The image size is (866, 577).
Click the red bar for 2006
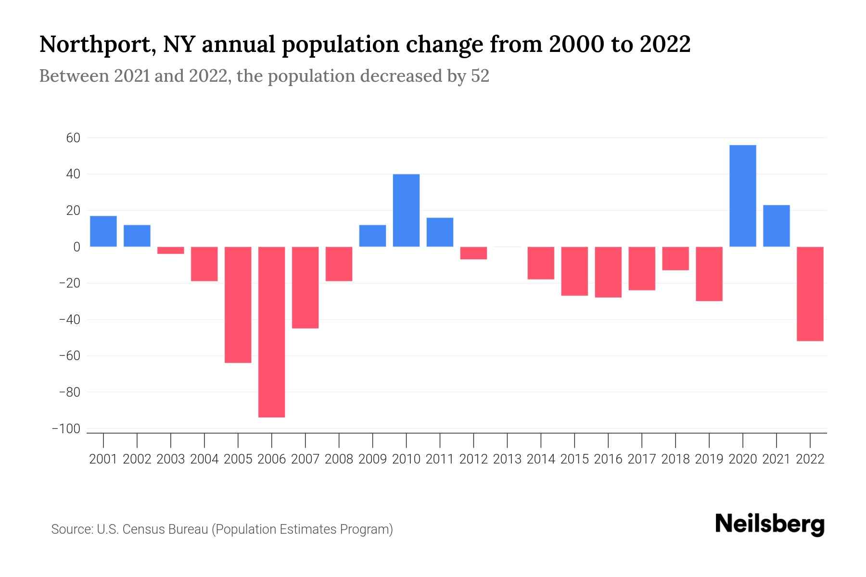point(272,332)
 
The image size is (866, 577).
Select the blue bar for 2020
point(743,196)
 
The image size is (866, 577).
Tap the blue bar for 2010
point(406,211)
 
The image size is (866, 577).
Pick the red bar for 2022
point(810,294)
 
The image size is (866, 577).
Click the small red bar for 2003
point(171,250)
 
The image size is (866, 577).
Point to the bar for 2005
point(238,304)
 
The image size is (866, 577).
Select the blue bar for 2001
point(103,231)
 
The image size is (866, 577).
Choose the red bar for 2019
point(709,274)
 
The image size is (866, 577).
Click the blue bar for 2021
point(777,226)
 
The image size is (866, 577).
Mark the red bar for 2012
point(473,253)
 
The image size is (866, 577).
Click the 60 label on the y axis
point(73,138)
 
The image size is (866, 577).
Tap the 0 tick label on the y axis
point(76,247)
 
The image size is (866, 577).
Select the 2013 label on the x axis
point(507,459)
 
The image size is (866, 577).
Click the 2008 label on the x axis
point(339,459)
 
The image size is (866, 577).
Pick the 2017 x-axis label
point(642,459)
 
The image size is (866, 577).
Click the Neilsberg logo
point(770,525)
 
